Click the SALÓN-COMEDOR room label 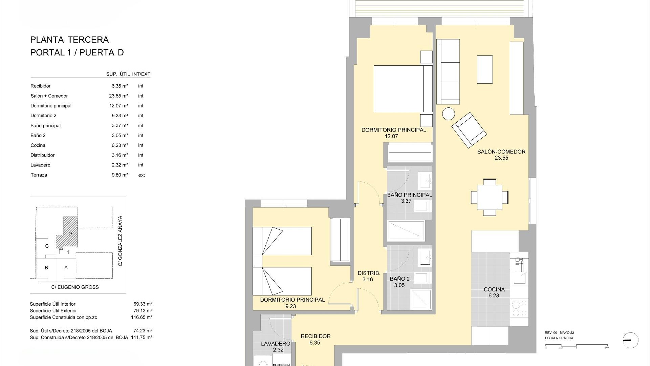(x=501, y=152)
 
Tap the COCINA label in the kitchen (x=494, y=289)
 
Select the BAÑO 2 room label (x=399, y=279)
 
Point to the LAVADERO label (x=276, y=344)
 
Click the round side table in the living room (x=449, y=114)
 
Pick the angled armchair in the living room (x=469, y=130)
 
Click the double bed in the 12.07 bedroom (x=403, y=88)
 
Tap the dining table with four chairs (x=490, y=197)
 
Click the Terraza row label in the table (x=39, y=175)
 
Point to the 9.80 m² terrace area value (x=120, y=175)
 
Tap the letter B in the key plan (x=46, y=267)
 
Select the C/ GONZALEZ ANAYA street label (x=120, y=241)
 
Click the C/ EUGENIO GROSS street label (x=75, y=287)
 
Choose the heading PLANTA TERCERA (x=69, y=40)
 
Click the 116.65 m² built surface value (x=142, y=317)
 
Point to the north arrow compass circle (x=630, y=340)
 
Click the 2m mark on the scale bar (x=607, y=348)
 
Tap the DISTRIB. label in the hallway (x=369, y=273)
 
